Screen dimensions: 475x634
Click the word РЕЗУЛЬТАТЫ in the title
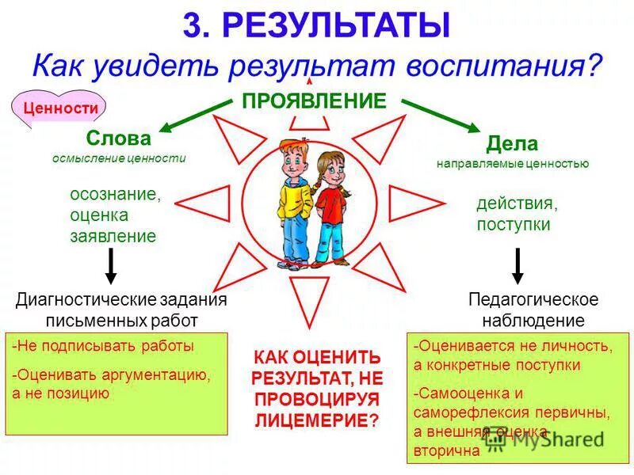337,25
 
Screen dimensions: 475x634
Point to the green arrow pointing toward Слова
195,116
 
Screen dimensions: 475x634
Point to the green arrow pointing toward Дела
439,116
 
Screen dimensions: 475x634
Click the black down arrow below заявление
112,265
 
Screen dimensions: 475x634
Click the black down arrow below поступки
518,265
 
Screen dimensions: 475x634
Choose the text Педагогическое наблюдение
533,310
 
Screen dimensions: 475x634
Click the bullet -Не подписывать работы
103,346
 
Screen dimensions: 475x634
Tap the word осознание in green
115,195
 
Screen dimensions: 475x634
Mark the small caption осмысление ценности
119,158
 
